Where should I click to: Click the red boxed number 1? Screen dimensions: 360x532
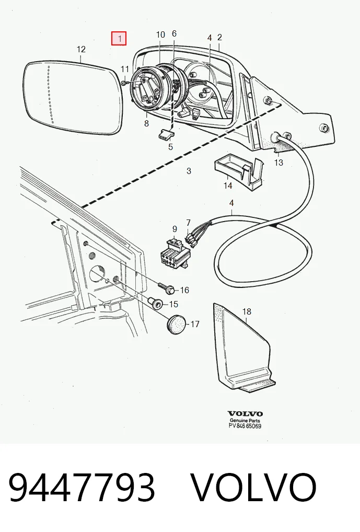119,38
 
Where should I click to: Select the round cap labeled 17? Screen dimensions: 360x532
177,325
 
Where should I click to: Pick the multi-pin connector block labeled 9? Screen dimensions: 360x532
175,254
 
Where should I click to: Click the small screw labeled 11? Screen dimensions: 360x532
124,83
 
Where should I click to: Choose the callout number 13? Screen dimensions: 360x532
278,163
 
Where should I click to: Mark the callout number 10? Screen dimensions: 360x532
160,34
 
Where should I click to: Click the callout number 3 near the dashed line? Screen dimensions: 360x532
189,171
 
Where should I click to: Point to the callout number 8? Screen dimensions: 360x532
146,123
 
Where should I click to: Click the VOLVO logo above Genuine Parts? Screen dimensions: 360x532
245,413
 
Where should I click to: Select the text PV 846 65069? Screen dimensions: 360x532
245,426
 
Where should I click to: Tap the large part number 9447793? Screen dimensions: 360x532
82,487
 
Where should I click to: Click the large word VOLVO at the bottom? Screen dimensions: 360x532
254,487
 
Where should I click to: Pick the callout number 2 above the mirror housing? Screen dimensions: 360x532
219,37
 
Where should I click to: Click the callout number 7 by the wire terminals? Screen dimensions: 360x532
188,223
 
